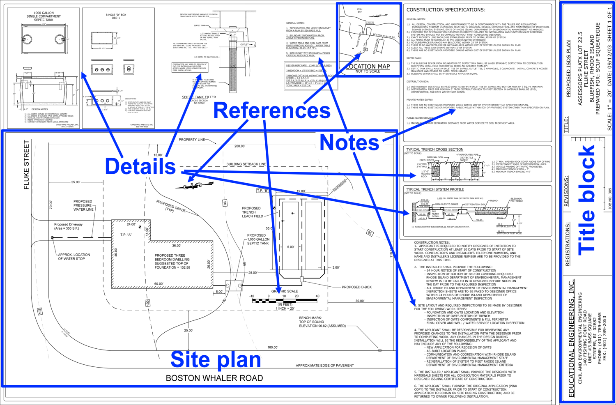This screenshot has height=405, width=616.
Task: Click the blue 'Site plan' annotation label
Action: (x=216, y=359)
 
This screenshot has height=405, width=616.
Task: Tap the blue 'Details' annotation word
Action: (x=140, y=166)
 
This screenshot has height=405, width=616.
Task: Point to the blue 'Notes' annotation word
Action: (x=349, y=143)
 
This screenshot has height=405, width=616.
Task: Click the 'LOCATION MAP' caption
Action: (x=368, y=67)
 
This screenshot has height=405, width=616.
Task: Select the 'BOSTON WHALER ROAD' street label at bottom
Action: (x=214, y=378)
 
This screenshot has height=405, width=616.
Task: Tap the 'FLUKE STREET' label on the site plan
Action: (x=27, y=165)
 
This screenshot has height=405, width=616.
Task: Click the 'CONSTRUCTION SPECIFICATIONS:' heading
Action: (x=446, y=10)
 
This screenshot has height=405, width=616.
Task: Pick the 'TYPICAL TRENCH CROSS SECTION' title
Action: (x=434, y=150)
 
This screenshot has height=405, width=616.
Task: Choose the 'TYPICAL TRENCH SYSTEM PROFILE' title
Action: (x=435, y=189)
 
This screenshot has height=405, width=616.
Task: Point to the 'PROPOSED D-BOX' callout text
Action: (x=356, y=287)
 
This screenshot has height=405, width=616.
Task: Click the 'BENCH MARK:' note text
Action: (x=310, y=318)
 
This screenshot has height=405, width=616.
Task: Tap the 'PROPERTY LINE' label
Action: (x=192, y=140)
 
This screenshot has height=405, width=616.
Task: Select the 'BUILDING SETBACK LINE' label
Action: (x=246, y=164)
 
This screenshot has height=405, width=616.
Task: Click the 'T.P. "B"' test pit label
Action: (x=262, y=191)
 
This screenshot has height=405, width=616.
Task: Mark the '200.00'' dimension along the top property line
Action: (x=239, y=146)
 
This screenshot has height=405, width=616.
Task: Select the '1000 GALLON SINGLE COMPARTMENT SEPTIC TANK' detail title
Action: (x=44, y=16)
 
